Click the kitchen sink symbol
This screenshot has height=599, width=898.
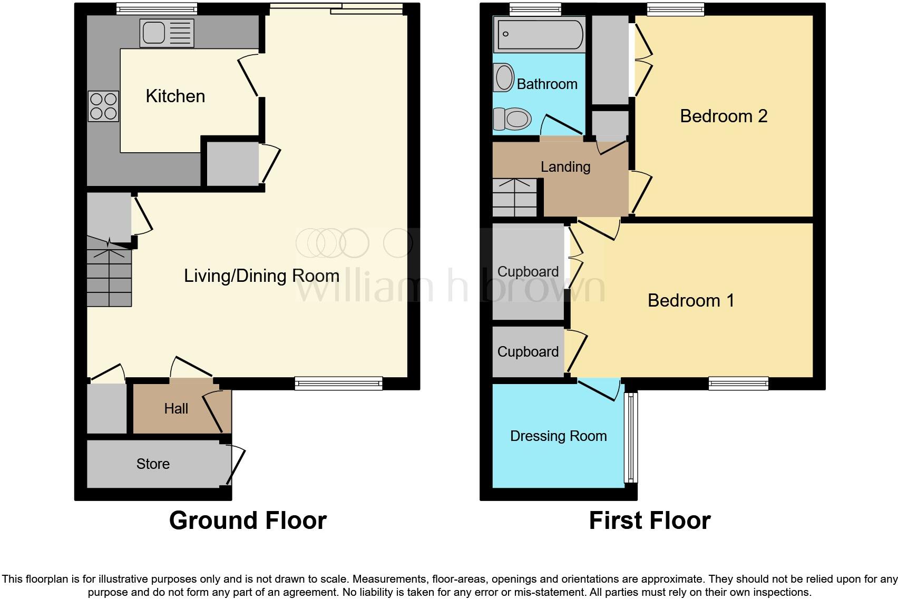(167, 33)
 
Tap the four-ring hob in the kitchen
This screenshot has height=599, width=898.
(103, 106)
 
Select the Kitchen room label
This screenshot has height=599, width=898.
(175, 96)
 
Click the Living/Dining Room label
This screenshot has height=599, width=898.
(261, 276)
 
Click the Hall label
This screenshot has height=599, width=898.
(176, 409)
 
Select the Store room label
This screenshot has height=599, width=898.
(153, 464)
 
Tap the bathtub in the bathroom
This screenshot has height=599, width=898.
(539, 34)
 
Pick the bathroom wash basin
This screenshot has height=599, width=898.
(504, 77)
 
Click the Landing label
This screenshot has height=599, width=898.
(565, 167)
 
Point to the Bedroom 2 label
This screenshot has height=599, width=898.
(723, 116)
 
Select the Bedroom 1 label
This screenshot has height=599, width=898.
(690, 300)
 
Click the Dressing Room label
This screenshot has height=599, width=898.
(558, 436)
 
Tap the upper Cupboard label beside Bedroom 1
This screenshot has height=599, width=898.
(528, 272)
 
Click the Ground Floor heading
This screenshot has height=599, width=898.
(248, 521)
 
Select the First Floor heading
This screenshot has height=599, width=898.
(649, 521)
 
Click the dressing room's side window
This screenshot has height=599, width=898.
(630, 437)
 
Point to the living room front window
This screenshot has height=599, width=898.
(338, 384)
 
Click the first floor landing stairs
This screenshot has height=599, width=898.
(514, 198)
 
